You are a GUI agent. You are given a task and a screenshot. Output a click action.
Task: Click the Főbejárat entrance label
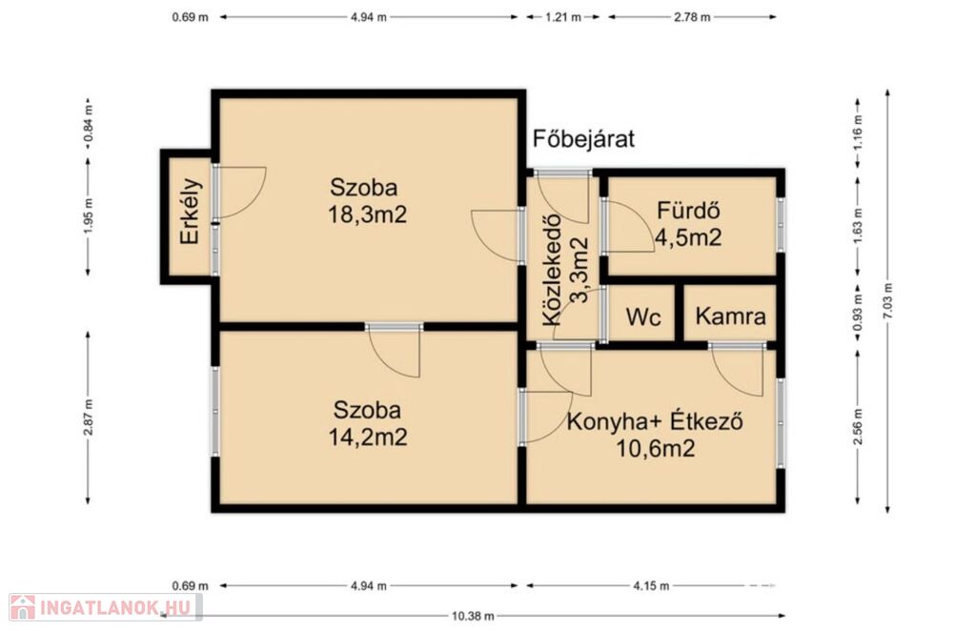click(583, 139)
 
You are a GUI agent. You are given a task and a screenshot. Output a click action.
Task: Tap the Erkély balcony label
click(190, 212)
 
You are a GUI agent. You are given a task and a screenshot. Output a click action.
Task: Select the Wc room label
click(643, 316)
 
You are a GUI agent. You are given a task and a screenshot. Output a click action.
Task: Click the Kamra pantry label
click(730, 316)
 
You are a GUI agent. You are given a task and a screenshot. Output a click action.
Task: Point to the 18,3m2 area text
click(367, 214)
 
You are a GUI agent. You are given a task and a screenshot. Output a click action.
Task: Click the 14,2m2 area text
click(367, 437)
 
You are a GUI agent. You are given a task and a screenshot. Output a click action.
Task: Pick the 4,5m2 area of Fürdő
click(688, 237)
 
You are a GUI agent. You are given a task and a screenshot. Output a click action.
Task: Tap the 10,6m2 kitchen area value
click(656, 448)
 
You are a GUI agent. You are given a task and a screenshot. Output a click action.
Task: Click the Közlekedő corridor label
click(552, 270)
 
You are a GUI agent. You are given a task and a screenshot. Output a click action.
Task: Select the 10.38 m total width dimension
click(473, 616)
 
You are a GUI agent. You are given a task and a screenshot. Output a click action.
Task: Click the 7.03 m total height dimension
click(887, 301)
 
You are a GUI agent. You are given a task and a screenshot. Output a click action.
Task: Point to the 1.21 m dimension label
click(563, 17)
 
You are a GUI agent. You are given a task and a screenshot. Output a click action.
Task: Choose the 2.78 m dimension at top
click(692, 17)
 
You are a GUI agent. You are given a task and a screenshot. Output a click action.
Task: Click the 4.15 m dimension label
click(651, 585)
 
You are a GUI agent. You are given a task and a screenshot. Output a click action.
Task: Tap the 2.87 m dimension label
click(88, 417)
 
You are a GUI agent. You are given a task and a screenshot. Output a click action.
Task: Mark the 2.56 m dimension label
click(858, 427)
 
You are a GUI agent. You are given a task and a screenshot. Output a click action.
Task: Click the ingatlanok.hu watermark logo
click(105, 607)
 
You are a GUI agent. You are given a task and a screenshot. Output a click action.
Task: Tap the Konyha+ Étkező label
click(655, 422)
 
